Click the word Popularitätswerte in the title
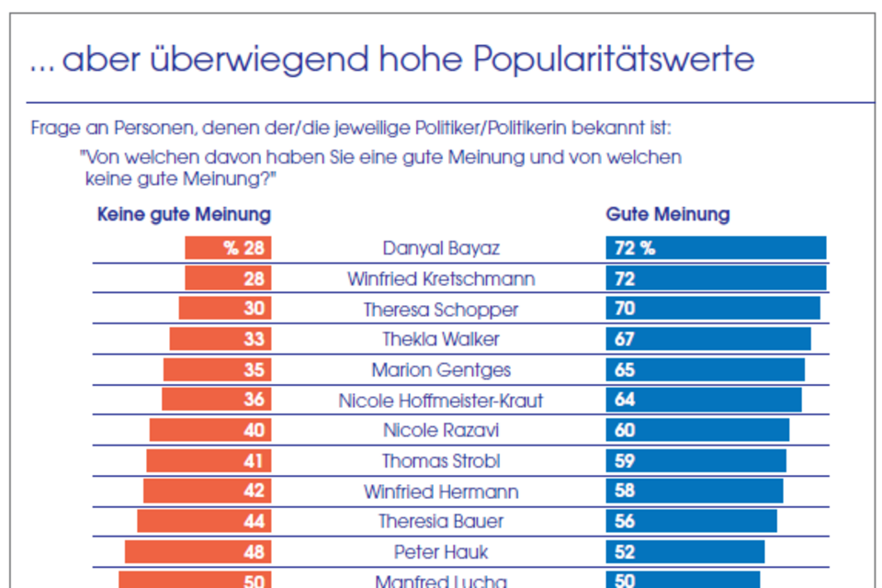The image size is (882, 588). tap(614, 61)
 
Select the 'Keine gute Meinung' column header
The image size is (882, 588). tap(184, 215)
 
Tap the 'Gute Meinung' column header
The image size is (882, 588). tap(667, 215)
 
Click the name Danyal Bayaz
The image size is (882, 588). tap(441, 248)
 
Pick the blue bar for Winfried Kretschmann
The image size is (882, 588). tap(716, 278)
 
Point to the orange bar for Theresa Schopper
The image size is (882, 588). tap(224, 309)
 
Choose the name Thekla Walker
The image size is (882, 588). tap(441, 339)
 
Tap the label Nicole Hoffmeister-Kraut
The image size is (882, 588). tap(441, 401)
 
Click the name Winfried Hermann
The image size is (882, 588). tap(441, 492)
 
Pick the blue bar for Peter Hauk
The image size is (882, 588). tap(684, 551)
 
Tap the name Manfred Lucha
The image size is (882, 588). tap(441, 581)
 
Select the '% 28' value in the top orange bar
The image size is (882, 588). tap(244, 248)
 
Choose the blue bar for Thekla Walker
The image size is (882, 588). tap(707, 339)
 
